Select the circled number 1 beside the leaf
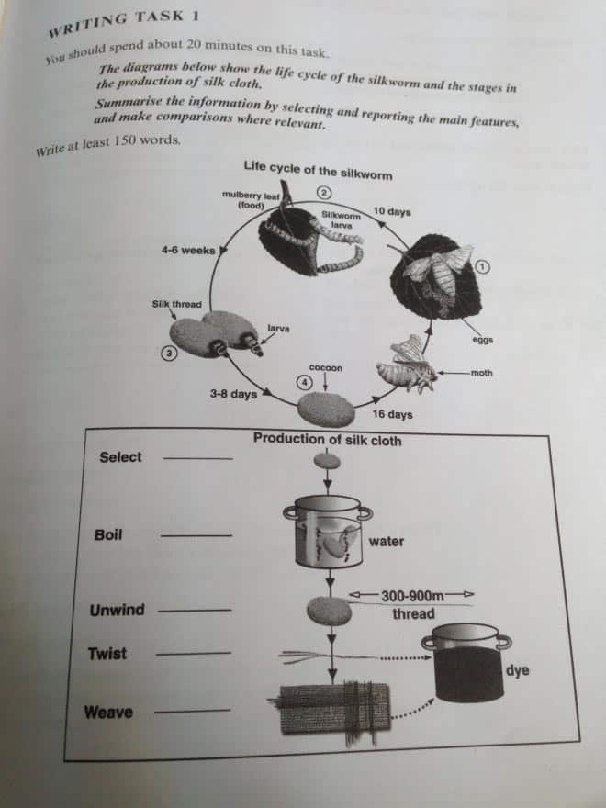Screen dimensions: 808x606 pyautogui.click(x=487, y=266)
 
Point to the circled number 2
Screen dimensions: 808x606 pyautogui.click(x=323, y=192)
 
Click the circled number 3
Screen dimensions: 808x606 pyautogui.click(x=168, y=353)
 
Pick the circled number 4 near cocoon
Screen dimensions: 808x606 pyautogui.click(x=303, y=381)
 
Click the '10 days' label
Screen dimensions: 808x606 pyautogui.click(x=392, y=212)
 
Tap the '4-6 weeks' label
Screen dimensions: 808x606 pyautogui.click(x=187, y=250)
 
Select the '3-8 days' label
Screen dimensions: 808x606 pyautogui.click(x=233, y=394)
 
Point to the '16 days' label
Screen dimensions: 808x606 pyautogui.click(x=392, y=415)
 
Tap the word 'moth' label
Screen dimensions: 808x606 pyautogui.click(x=481, y=373)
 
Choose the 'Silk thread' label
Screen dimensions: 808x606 pyautogui.click(x=176, y=304)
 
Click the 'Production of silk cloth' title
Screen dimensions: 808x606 pyautogui.click(x=327, y=440)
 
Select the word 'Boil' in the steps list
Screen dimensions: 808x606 pyautogui.click(x=108, y=534)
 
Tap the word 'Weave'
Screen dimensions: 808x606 pyautogui.click(x=108, y=713)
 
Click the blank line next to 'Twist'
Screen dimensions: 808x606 pyautogui.click(x=194, y=654)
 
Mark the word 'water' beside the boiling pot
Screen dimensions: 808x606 pyautogui.click(x=386, y=542)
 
